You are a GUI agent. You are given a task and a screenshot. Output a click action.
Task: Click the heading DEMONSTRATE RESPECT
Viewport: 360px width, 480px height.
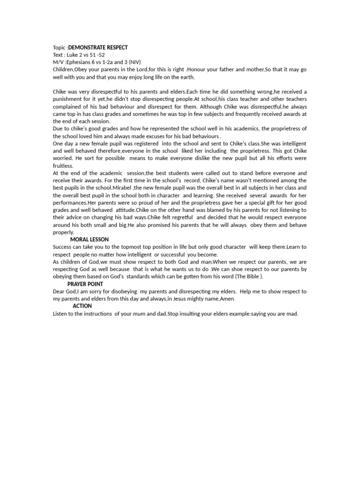pos(98,48)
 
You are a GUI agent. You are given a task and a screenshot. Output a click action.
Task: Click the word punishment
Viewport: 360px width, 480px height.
pos(68,99)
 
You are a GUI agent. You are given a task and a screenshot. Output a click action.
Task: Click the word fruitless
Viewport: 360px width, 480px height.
pos(63,165)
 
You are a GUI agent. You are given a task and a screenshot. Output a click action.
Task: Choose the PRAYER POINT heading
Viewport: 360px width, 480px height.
pos(85,284)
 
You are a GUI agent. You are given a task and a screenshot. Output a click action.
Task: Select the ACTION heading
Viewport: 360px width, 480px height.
pos(82,306)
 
